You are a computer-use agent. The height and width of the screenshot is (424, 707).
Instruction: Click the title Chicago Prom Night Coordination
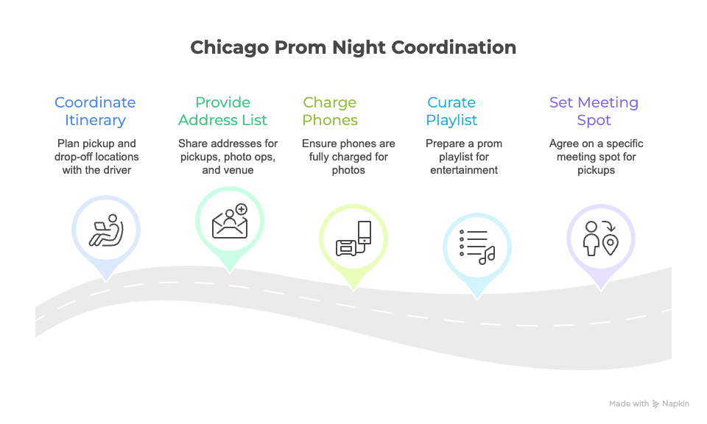(x=353, y=48)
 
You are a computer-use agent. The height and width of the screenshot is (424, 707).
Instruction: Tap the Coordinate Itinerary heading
(x=95, y=111)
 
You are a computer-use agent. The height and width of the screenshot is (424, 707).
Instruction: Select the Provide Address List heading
(x=222, y=111)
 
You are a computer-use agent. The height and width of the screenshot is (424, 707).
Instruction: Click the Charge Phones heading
(x=330, y=111)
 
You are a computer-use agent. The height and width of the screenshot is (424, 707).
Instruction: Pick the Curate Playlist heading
(x=451, y=111)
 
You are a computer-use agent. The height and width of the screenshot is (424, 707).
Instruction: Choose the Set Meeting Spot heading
(x=594, y=111)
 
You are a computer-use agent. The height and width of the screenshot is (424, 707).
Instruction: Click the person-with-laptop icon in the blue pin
(x=106, y=230)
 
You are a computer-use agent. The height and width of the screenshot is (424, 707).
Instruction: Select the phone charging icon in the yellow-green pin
(x=353, y=240)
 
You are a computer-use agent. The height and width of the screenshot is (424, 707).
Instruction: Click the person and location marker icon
(x=599, y=237)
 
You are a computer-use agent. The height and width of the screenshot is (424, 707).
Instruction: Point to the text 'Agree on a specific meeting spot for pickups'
(x=594, y=157)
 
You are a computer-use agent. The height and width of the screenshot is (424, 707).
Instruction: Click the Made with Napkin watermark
(x=649, y=403)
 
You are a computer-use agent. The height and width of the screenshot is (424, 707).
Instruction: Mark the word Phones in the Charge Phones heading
(x=330, y=120)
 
